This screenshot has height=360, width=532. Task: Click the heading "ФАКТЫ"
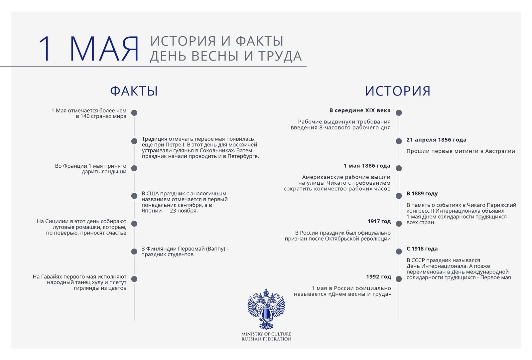[x=134, y=91]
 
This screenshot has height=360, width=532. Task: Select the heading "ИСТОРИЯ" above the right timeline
[x=398, y=91]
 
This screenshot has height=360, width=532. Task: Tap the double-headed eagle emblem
[x=266, y=309]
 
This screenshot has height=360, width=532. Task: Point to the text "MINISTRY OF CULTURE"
[x=266, y=334]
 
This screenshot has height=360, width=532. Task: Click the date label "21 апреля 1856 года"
[x=436, y=140]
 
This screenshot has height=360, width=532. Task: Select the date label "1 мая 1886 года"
[x=367, y=166]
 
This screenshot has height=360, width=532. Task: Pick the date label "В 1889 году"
[x=422, y=193]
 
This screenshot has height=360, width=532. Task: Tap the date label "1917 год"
[x=379, y=221]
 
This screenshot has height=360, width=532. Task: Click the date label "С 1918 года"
[x=422, y=249]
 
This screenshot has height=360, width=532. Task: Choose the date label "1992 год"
[x=379, y=276]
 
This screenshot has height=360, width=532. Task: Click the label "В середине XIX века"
[x=360, y=110]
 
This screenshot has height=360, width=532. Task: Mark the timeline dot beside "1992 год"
[x=399, y=279]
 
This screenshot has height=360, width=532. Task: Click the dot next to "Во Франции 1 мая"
[x=134, y=168]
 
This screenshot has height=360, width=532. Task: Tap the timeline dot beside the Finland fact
[x=134, y=252]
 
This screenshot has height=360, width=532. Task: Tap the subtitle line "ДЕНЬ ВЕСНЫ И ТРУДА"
[x=226, y=56]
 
